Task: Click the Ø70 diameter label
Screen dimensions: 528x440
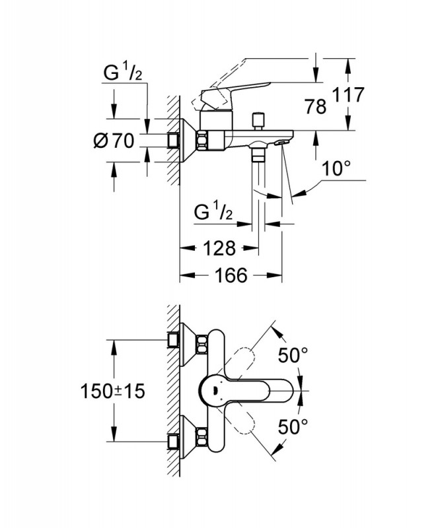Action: pyautogui.click(x=114, y=141)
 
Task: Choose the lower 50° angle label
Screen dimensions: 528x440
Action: pyautogui.click(x=293, y=425)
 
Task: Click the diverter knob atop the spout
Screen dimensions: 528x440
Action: pyautogui.click(x=260, y=121)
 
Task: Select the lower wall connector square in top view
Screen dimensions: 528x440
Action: pyautogui.click(x=174, y=441)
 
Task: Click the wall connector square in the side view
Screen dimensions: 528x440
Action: pyautogui.click(x=174, y=141)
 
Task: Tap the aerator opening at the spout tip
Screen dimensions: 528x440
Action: pyautogui.click(x=283, y=141)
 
